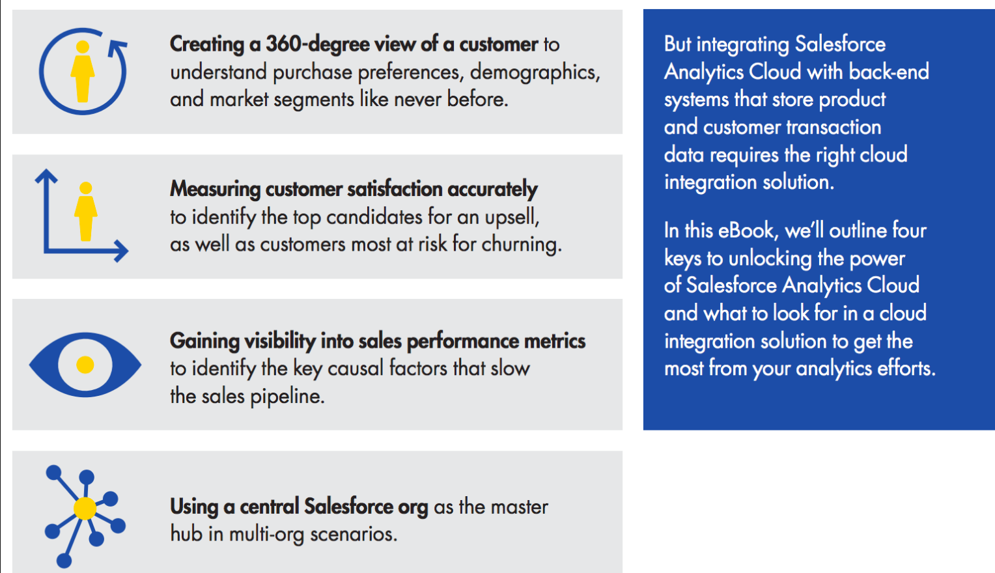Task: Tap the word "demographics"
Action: point(533,72)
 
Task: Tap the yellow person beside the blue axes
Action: point(85,211)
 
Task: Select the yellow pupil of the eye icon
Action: point(85,365)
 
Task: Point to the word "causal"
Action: point(356,369)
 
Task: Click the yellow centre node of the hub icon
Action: point(85,508)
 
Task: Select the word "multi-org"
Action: point(272,535)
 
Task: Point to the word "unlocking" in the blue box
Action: point(770,259)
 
